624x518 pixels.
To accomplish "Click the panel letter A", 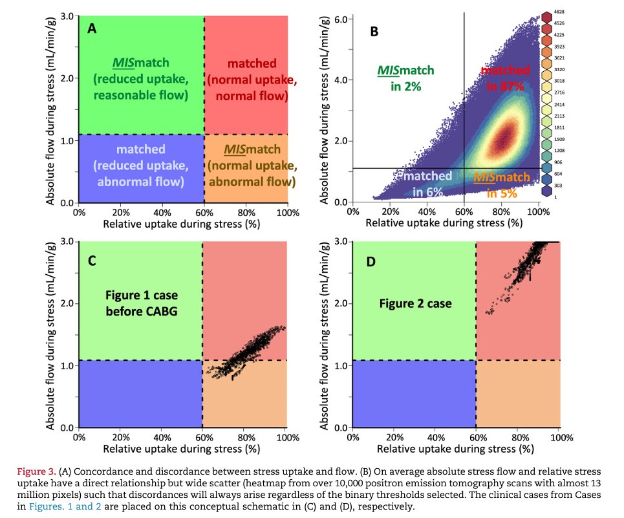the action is point(92,29).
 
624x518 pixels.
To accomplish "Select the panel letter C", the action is point(92,261).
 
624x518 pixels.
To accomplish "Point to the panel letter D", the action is point(372,261).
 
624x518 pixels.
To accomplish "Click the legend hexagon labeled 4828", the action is point(546,16).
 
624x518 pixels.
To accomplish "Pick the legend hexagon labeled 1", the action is point(546,191).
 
